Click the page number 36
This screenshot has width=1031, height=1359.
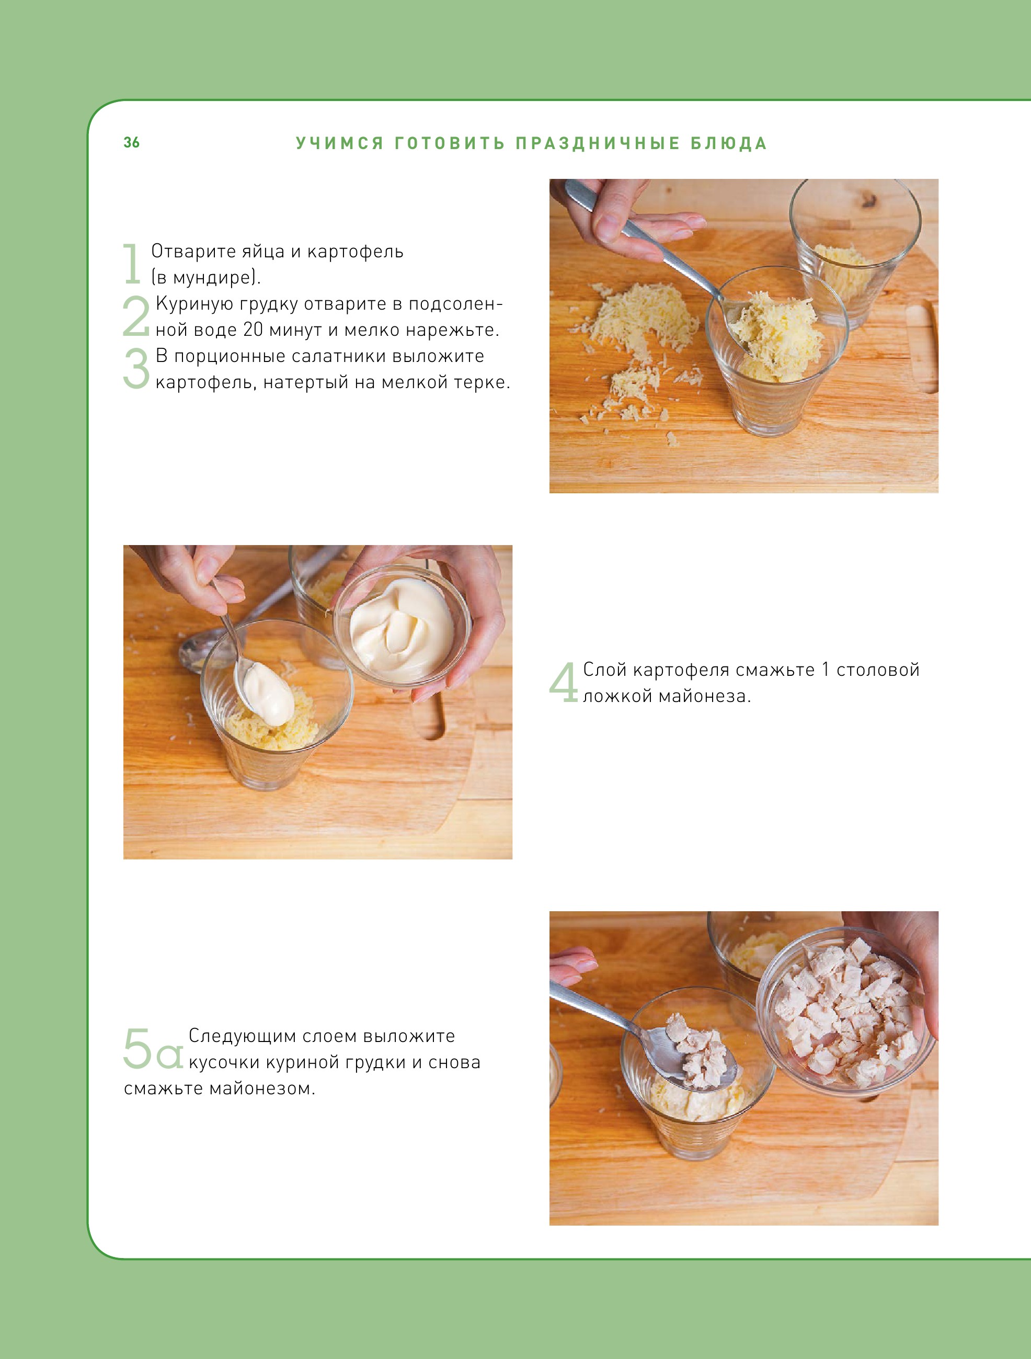[131, 142]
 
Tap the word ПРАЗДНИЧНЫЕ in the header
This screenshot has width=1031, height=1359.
[598, 143]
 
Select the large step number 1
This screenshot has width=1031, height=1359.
[132, 264]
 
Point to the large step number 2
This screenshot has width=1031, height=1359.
[136, 316]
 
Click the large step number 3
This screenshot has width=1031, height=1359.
[136, 368]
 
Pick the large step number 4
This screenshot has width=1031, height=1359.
[564, 682]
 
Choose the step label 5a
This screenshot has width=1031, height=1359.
[153, 1048]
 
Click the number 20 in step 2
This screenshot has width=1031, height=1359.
[253, 330]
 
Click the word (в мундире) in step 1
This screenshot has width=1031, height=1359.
[205, 278]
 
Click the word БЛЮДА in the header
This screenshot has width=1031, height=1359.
[729, 143]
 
